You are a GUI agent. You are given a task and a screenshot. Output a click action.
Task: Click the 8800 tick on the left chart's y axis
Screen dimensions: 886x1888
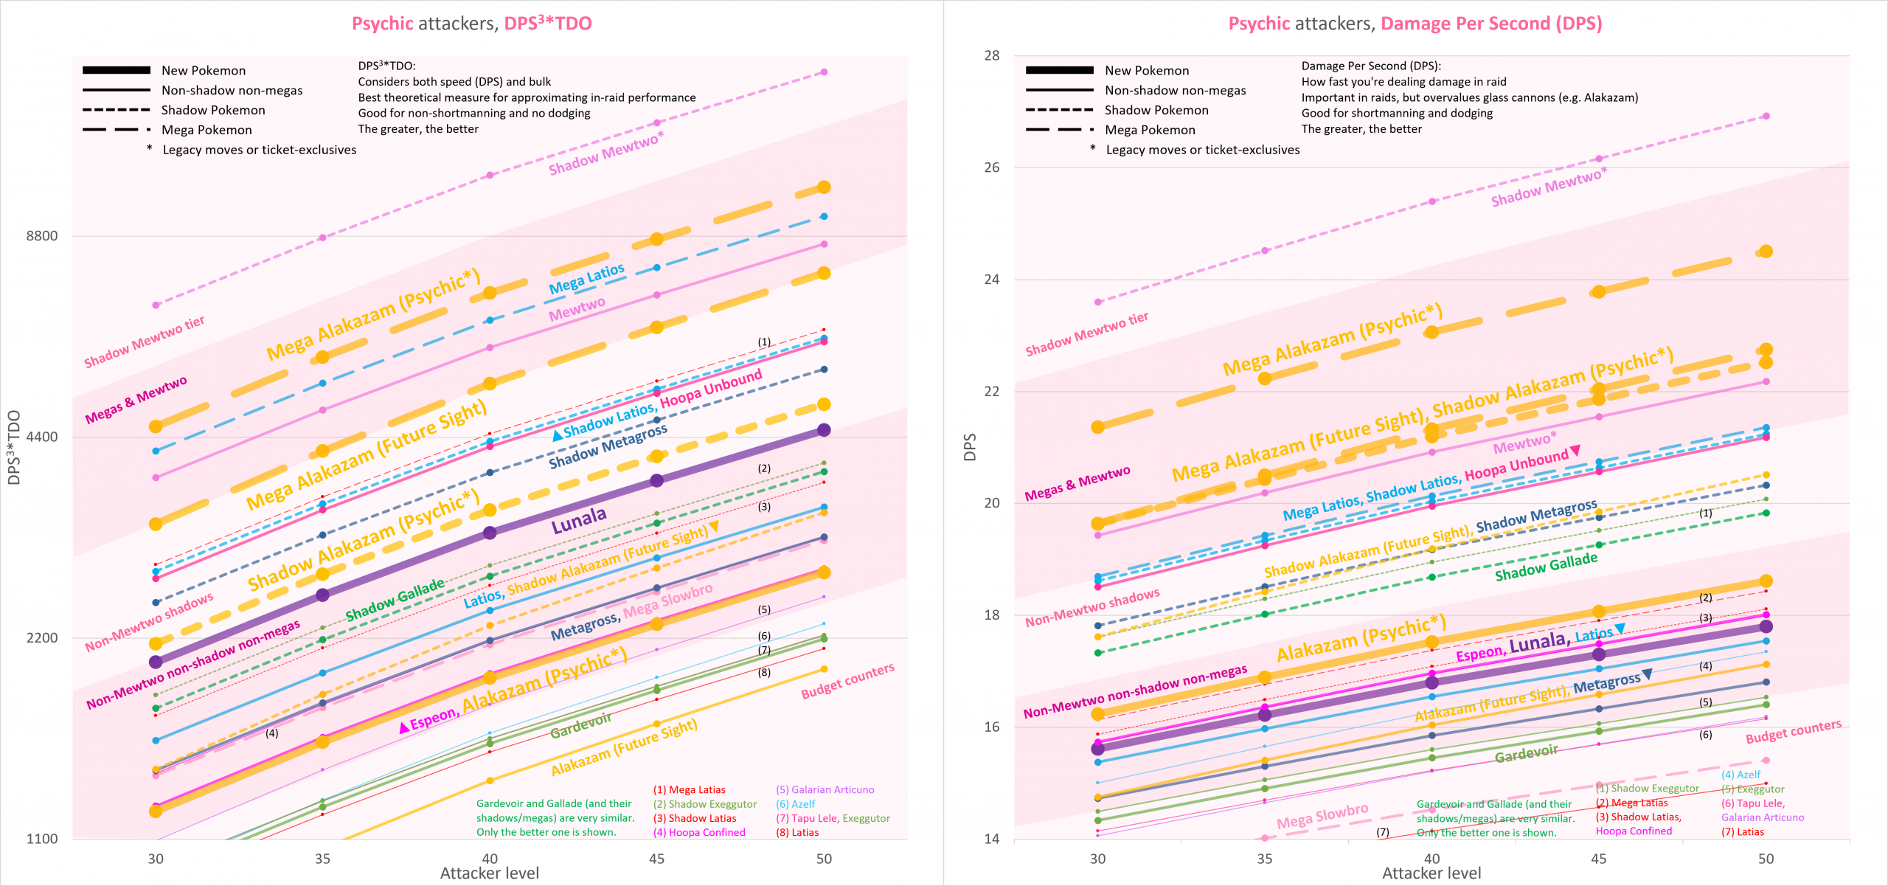click(42, 236)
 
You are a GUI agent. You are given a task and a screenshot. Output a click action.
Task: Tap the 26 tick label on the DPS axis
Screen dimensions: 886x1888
click(991, 167)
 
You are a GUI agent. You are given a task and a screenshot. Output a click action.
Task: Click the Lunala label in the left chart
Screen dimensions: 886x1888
click(579, 520)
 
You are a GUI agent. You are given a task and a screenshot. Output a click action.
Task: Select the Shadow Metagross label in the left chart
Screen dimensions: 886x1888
click(608, 446)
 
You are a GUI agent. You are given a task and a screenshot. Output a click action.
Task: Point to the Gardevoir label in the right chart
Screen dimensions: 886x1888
click(1526, 753)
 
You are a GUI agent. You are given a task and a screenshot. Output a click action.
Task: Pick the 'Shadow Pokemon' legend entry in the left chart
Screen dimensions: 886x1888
click(213, 110)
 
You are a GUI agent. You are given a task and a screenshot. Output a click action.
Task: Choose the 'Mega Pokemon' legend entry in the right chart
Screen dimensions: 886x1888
click(1150, 130)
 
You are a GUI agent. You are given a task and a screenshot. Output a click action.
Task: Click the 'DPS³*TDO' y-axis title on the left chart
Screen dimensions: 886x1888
click(13, 447)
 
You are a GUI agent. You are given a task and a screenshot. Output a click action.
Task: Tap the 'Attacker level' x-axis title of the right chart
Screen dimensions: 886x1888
click(1431, 873)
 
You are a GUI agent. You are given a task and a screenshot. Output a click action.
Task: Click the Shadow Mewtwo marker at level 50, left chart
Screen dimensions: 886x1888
click(824, 72)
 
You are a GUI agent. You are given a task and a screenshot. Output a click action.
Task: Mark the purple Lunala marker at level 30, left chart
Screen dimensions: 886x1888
click(156, 662)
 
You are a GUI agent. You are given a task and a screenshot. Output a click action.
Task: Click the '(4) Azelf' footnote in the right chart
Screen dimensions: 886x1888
click(1740, 775)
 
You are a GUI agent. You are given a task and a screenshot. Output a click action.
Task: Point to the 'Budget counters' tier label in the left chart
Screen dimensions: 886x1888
click(847, 680)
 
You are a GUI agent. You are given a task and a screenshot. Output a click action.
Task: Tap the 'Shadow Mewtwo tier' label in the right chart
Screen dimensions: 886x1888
click(1086, 333)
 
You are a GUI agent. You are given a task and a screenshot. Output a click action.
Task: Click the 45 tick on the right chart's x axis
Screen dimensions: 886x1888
click(1598, 859)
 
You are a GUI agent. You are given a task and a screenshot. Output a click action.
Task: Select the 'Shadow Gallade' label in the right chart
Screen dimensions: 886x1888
click(1546, 567)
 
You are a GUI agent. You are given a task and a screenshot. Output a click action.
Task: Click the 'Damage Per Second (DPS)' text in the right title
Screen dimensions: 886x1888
click(1491, 24)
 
